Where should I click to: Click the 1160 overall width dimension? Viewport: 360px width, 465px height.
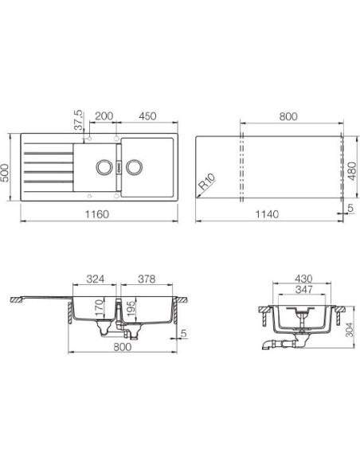point(97,214)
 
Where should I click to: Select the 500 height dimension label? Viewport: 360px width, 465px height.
point(5,172)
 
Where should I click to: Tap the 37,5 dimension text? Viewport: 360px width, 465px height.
point(78,120)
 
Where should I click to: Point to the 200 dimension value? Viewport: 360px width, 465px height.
point(104,116)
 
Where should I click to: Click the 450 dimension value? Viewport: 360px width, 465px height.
point(147,116)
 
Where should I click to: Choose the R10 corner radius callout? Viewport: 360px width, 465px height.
point(207,182)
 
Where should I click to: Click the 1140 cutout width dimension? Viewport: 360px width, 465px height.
point(267,214)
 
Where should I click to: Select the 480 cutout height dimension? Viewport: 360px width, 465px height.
point(352,171)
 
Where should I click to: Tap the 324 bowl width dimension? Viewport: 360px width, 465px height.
point(96,279)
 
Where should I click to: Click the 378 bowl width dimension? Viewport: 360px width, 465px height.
point(147,279)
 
